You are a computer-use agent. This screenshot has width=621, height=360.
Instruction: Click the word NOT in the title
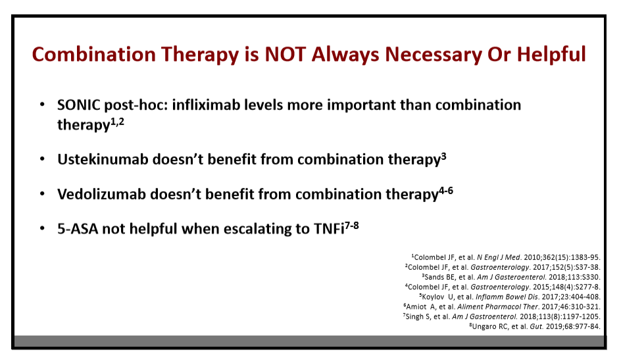tap(285, 54)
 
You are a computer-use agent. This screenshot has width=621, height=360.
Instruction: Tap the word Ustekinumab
tap(103, 159)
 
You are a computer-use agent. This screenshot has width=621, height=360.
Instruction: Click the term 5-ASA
tap(78, 229)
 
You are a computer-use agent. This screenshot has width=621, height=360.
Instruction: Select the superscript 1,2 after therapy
tap(117, 122)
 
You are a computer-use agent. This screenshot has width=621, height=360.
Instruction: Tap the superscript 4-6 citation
tap(445, 191)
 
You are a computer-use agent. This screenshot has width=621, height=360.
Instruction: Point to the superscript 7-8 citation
tap(352, 226)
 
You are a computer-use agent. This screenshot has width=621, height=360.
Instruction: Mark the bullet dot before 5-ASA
tap(42, 228)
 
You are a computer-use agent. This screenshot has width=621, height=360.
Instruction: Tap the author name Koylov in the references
tap(434, 297)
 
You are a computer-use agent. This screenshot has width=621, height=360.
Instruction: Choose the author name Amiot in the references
tap(416, 307)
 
